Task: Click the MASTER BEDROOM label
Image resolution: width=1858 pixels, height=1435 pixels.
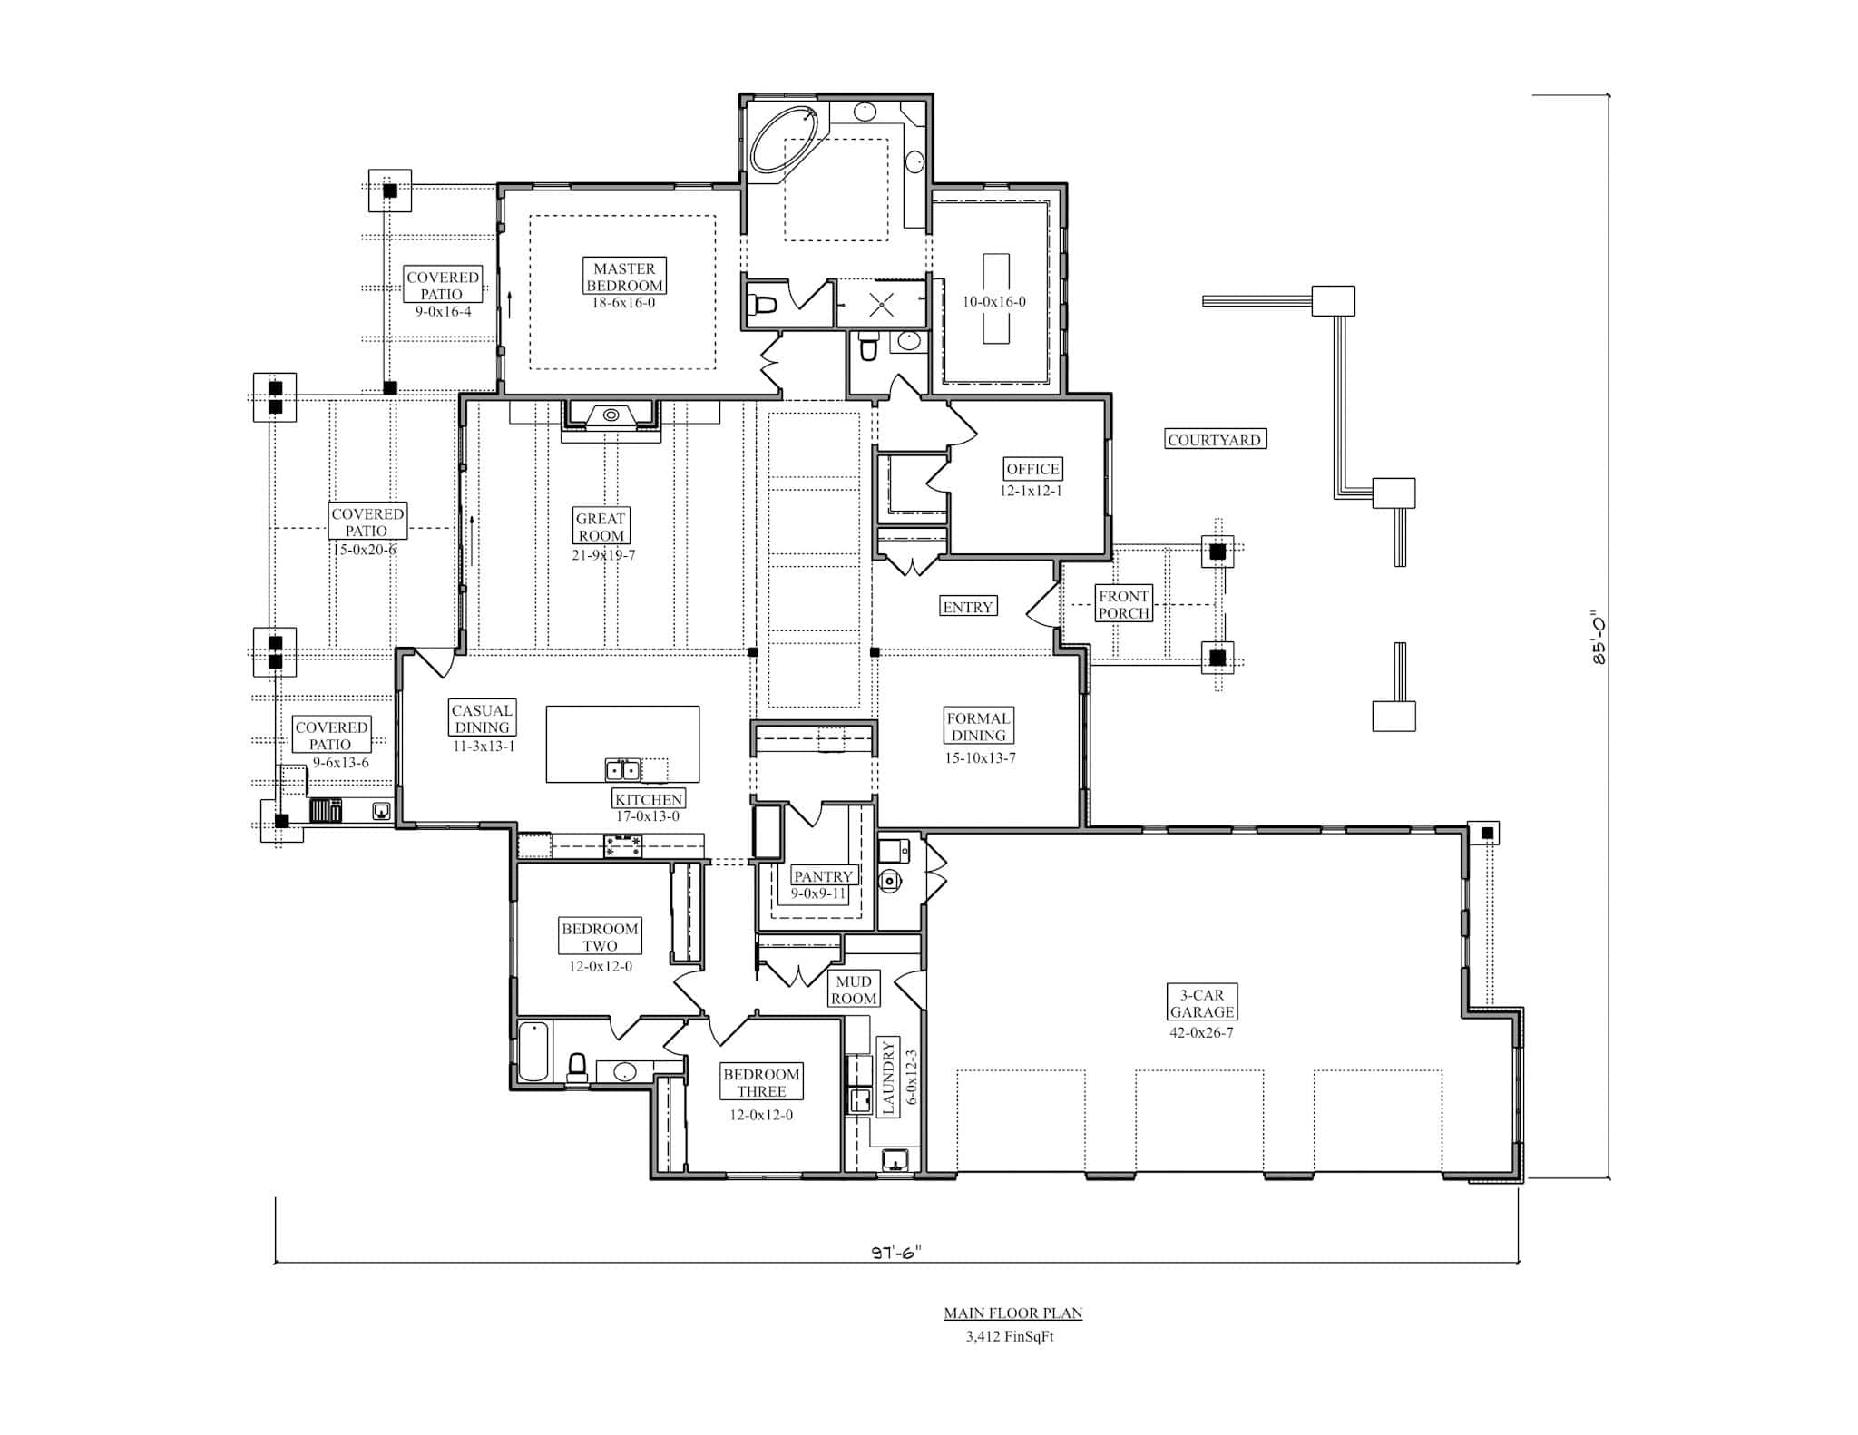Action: coord(624,277)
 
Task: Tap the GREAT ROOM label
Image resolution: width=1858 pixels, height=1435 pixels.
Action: coord(601,526)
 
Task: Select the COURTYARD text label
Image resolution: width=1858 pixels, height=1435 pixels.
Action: coord(1214,440)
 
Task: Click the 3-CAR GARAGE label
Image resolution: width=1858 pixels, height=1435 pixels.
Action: coord(1201,1003)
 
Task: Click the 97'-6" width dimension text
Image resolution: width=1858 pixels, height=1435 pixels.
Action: coord(896,1252)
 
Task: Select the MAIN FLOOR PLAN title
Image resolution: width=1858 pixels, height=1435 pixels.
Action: coord(1012,1313)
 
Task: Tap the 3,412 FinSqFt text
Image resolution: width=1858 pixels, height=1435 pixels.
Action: coord(1010,1336)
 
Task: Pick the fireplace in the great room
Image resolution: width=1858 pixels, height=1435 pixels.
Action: coord(611,416)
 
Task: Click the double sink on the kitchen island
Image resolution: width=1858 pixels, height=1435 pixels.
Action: coord(622,770)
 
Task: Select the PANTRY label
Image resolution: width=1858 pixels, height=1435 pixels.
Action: coord(823,876)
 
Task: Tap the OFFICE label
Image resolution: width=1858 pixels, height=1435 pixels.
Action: coord(1032,469)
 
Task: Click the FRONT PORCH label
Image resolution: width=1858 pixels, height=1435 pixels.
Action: coord(1124,604)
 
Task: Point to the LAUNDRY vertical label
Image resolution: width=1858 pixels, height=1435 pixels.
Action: coord(888,1078)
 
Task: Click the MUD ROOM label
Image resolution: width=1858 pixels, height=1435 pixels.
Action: coord(854,990)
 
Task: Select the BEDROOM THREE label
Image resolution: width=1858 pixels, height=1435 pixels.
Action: coord(761,1082)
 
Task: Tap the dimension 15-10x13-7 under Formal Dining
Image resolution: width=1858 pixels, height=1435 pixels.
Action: coord(980,757)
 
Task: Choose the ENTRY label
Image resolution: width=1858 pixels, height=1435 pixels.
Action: coord(967,607)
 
